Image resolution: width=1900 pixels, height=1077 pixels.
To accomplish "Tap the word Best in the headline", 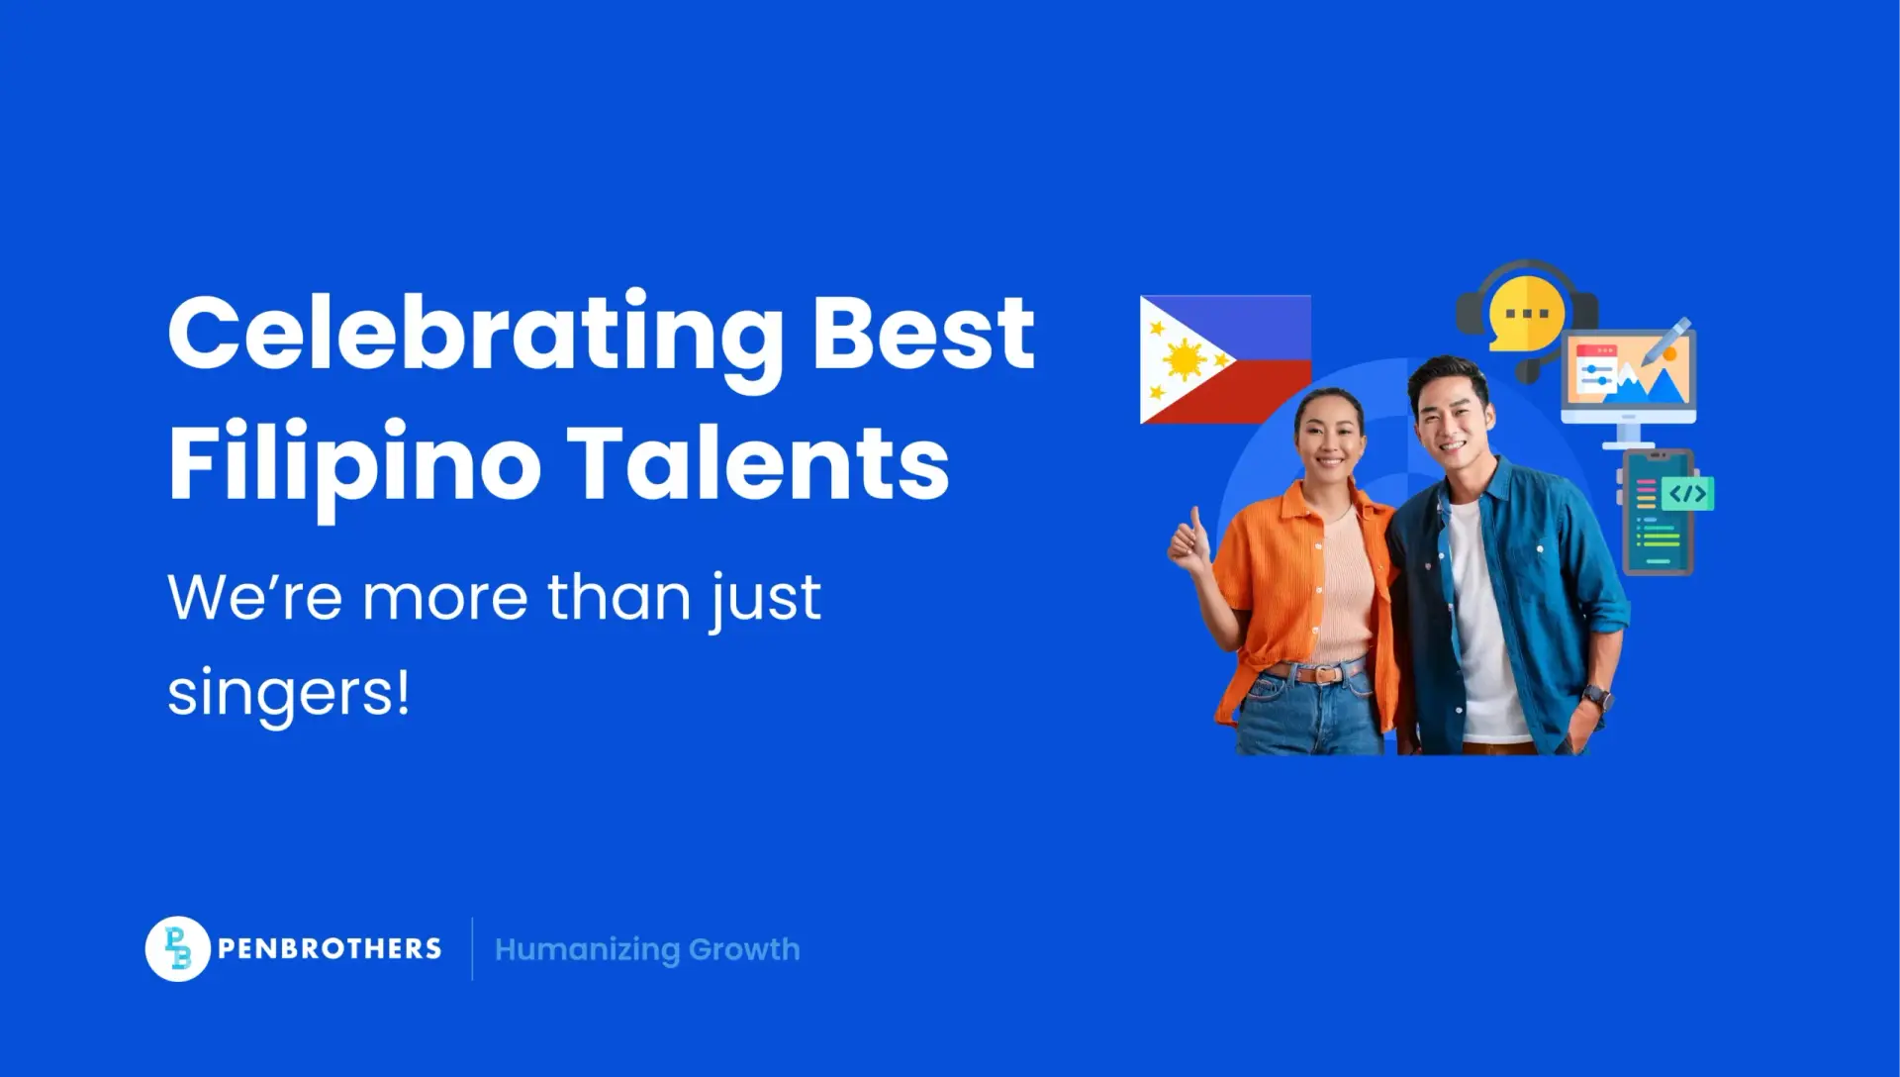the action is (x=923, y=334).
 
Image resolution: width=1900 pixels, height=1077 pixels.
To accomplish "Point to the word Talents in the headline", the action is (x=758, y=462).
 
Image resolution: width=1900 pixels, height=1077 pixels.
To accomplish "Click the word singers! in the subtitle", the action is (x=288, y=694).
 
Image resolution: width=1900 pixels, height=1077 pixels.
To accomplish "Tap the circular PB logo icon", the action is (x=177, y=948).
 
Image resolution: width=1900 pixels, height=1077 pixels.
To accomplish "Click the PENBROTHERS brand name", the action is (x=330, y=948).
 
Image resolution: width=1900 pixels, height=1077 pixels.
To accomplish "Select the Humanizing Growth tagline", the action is (x=647, y=949).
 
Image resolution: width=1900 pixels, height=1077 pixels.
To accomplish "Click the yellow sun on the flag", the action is (x=1185, y=360).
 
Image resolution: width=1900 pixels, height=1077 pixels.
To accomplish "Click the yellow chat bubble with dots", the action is (x=1526, y=313).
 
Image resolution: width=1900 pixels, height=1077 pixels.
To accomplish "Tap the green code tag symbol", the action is (x=1687, y=494).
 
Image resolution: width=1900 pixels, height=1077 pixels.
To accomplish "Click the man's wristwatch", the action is (x=1596, y=697).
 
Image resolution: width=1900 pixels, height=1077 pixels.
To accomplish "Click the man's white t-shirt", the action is (x=1481, y=624).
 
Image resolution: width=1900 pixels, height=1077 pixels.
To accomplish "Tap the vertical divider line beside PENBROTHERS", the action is (x=472, y=948).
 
